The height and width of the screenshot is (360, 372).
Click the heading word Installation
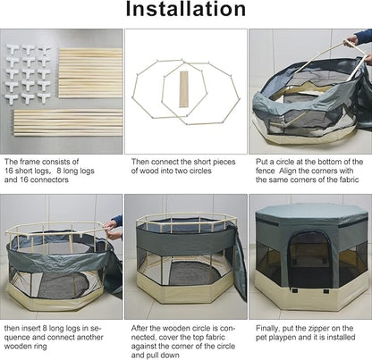point(186,9)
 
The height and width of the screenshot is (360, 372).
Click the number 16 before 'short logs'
point(9,171)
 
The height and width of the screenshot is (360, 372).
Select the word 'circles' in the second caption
point(199,171)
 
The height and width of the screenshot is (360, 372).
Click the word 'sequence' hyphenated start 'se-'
point(96,329)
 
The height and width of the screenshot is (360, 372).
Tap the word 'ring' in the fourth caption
point(40,347)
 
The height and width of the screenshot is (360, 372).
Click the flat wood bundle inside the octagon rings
point(184,89)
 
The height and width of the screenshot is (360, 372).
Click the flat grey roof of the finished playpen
point(311,211)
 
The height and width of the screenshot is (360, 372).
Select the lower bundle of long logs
point(68,122)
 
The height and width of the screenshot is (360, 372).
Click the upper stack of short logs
point(90,72)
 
